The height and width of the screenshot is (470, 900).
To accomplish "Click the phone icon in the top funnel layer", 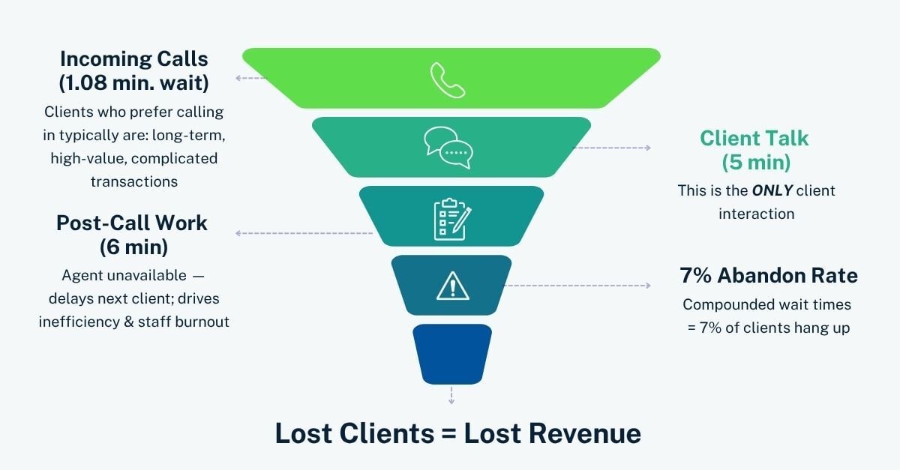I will point(448,80).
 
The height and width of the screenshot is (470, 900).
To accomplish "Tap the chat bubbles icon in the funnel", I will point(448,147).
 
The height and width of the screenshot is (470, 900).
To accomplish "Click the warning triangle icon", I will point(451,286).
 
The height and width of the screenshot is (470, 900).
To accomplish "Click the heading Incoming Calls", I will point(133,58).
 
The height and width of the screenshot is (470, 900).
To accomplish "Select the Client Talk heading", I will point(754,138).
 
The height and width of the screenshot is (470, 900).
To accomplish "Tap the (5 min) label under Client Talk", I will point(755,162).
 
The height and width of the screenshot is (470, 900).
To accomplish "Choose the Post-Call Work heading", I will point(132,223).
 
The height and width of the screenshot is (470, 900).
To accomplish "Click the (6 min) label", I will point(133,247).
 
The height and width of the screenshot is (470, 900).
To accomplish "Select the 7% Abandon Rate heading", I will point(769,276).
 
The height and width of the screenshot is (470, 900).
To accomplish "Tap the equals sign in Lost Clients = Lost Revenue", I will point(446,434).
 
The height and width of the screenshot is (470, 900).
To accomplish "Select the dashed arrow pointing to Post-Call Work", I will point(304,233).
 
